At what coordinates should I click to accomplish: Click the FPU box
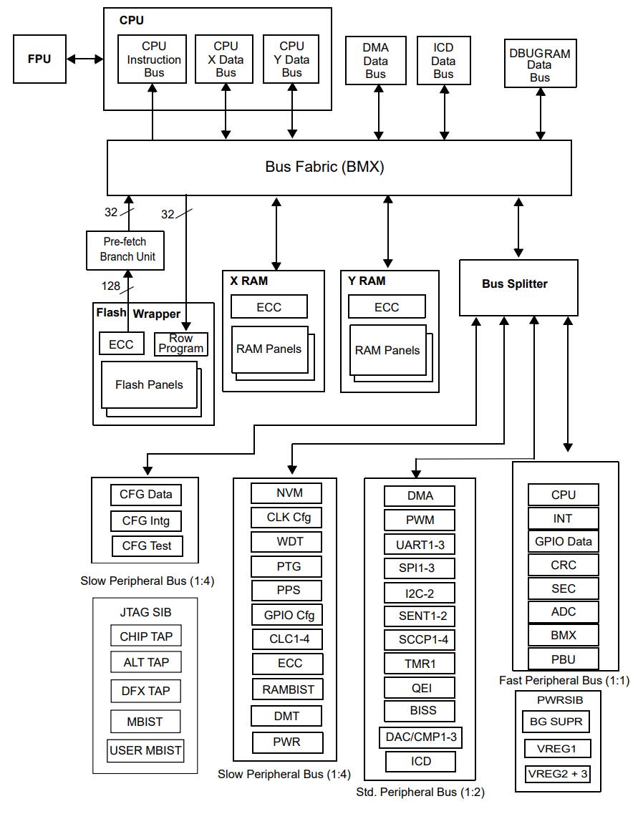[x=39, y=59]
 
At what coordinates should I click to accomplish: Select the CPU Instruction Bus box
[x=152, y=59]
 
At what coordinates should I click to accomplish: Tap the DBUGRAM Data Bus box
[x=540, y=65]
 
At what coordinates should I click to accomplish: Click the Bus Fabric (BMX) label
[x=324, y=168]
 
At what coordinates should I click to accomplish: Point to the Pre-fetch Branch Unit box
[x=125, y=250]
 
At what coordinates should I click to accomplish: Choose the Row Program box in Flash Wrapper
[x=181, y=344]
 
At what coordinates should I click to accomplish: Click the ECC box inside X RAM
[x=269, y=307]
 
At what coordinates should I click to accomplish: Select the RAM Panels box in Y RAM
[x=387, y=350]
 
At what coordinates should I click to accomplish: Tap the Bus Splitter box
[x=514, y=284]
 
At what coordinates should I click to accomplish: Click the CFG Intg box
[x=146, y=520]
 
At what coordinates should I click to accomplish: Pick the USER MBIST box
[x=145, y=751]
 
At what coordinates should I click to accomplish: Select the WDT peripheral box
[x=286, y=541]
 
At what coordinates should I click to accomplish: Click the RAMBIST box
[x=288, y=689]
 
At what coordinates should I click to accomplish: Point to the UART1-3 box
[x=420, y=545]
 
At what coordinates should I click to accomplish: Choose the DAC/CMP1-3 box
[x=420, y=737]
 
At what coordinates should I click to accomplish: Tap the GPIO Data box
[x=563, y=541]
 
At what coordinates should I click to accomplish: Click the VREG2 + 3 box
[x=558, y=774]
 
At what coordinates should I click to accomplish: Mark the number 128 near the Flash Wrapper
[x=111, y=286]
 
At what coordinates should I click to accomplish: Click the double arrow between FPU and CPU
[x=85, y=59]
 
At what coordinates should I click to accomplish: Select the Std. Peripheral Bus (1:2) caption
[x=420, y=793]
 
